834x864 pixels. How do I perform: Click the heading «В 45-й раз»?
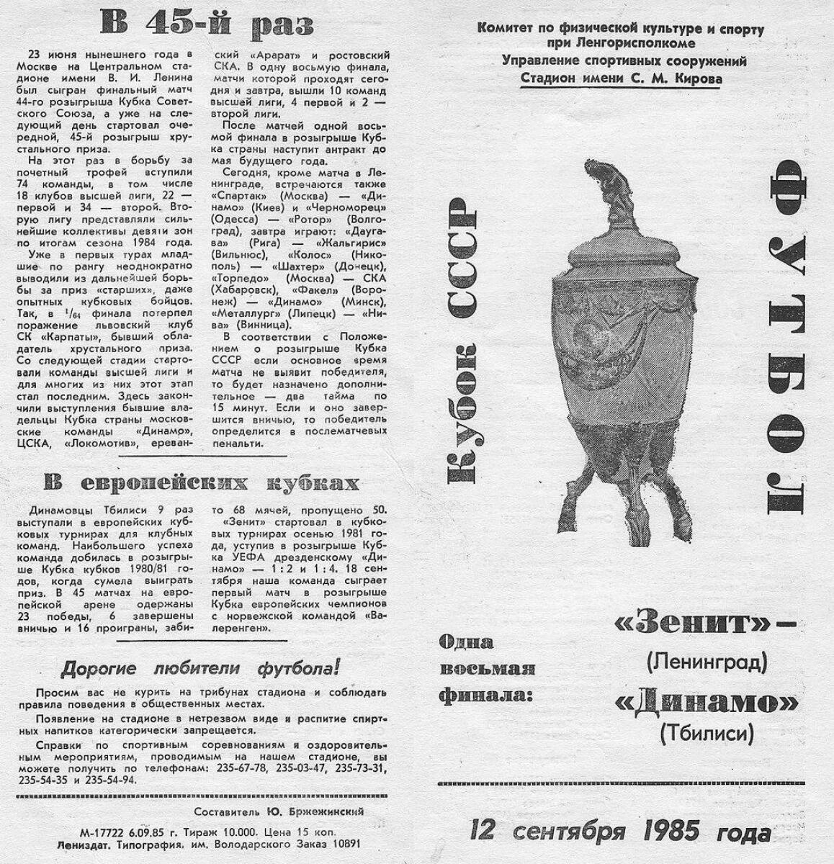[x=206, y=25]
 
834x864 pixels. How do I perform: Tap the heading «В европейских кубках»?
[x=201, y=482]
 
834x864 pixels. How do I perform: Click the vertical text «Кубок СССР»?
[x=462, y=338]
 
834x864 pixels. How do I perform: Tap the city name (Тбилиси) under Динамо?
[x=706, y=733]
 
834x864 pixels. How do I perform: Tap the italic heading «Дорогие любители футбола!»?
[x=199, y=668]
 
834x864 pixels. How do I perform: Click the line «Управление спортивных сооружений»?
[x=624, y=61]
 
